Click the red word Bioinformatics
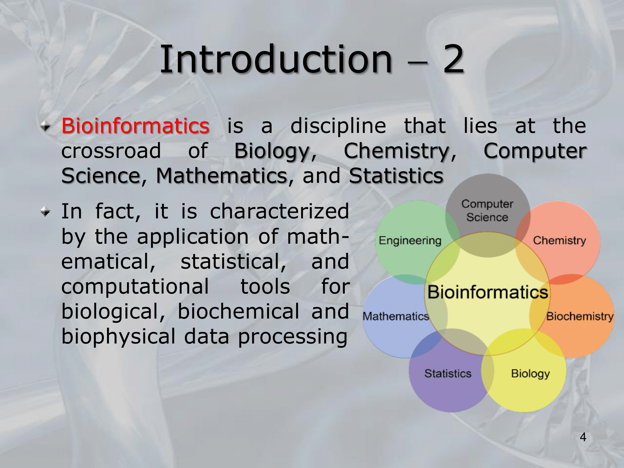(x=135, y=126)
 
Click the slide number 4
(x=583, y=437)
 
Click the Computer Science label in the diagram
(x=487, y=211)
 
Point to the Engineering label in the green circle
(x=410, y=241)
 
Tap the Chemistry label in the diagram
(x=559, y=240)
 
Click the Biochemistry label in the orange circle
(x=580, y=316)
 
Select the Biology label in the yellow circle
(x=530, y=374)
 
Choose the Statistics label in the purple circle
(x=448, y=373)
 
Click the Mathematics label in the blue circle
(x=396, y=316)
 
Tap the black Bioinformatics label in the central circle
(x=488, y=292)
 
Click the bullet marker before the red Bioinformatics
(x=46, y=126)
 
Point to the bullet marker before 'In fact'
(x=46, y=212)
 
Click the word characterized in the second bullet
(x=279, y=211)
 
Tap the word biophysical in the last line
(x=119, y=337)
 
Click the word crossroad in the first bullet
(x=111, y=151)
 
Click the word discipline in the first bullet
(x=338, y=126)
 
